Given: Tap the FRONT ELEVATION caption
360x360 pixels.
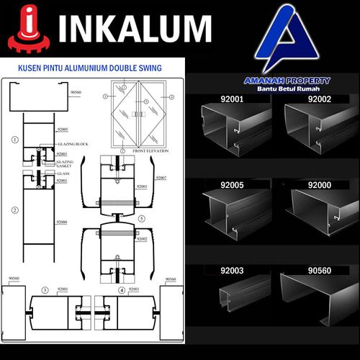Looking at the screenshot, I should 142,152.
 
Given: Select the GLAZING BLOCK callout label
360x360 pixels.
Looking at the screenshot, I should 71,144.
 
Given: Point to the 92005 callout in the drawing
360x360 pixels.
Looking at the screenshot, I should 63,130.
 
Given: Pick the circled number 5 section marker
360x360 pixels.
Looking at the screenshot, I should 142,217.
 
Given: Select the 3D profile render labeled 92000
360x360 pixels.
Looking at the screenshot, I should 317,212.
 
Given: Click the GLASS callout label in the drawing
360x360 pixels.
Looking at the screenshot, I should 64,173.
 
